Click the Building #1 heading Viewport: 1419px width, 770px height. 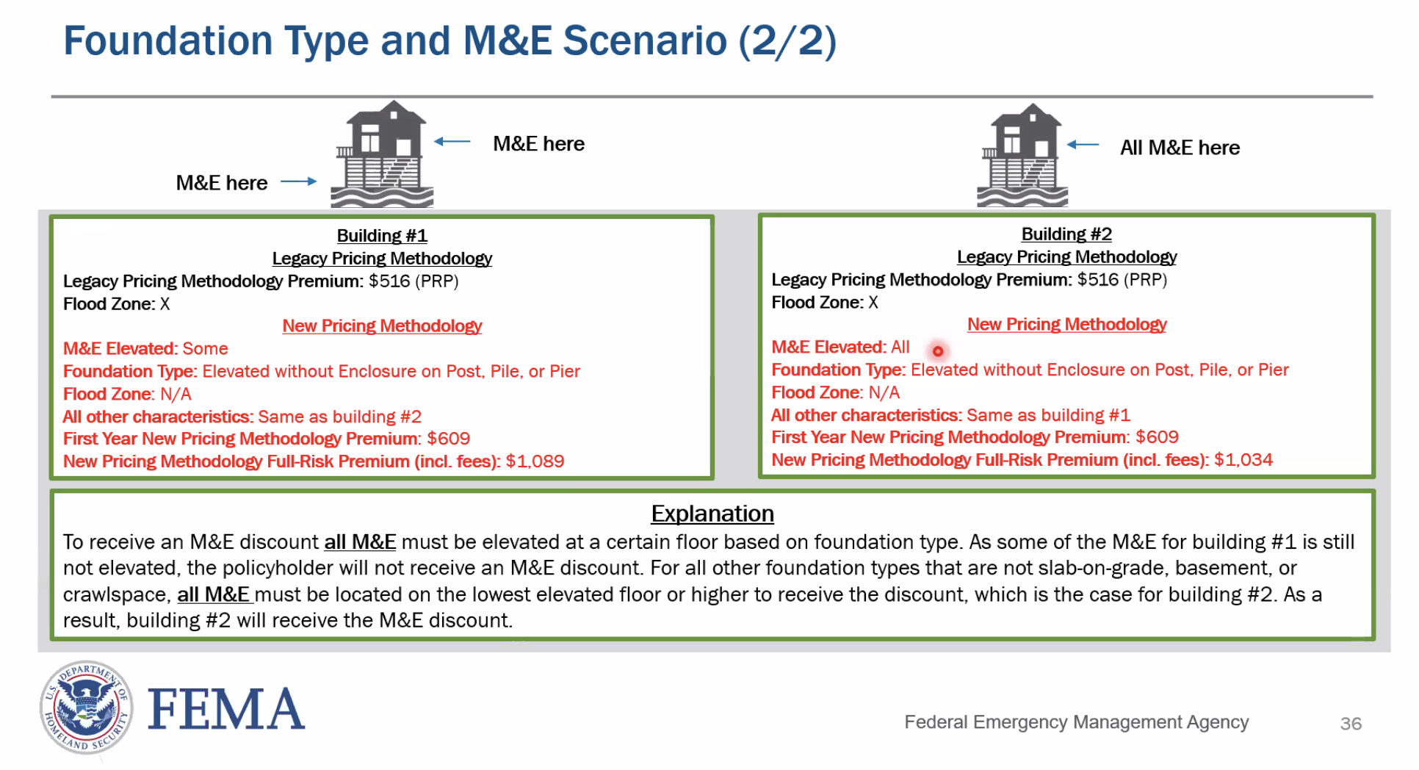click(x=381, y=236)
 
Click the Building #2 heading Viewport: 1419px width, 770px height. click(x=1066, y=234)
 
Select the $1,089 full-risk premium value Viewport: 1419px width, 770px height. click(x=535, y=461)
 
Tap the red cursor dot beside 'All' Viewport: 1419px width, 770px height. click(x=937, y=351)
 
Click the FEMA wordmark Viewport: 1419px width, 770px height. click(x=225, y=710)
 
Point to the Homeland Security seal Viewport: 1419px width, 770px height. click(x=87, y=708)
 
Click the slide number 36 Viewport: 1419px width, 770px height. click(x=1350, y=724)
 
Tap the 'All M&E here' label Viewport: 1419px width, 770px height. click(x=1179, y=148)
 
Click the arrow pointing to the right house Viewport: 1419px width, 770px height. click(x=1083, y=145)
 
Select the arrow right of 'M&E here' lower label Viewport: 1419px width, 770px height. click(x=299, y=181)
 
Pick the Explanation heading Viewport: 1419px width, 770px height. click(x=712, y=514)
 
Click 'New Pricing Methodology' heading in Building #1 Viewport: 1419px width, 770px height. click(x=382, y=326)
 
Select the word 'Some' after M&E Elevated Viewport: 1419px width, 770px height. click(x=205, y=349)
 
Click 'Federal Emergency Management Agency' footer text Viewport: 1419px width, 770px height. click(x=1076, y=722)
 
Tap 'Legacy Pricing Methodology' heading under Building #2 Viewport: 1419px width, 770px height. click(x=1066, y=257)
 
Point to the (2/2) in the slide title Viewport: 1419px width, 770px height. click(x=787, y=41)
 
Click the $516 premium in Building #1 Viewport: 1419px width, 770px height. click(x=389, y=281)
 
